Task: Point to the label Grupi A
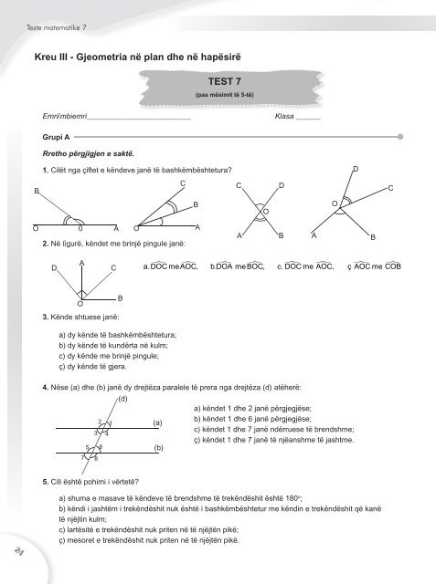tap(43, 136)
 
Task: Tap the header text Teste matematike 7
tap(48, 10)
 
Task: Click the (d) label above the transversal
tap(97, 400)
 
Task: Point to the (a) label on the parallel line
tap(157, 422)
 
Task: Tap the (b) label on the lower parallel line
tap(157, 448)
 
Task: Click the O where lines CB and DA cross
tap(265, 212)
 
